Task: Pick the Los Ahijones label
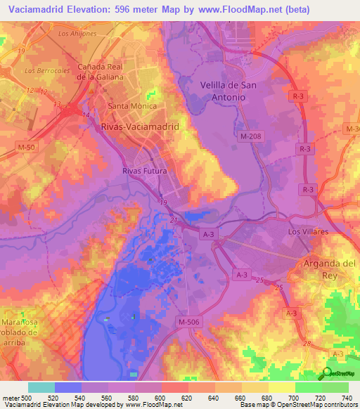77,34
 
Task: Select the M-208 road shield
253,136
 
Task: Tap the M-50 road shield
26,145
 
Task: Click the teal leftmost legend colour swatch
41,387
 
